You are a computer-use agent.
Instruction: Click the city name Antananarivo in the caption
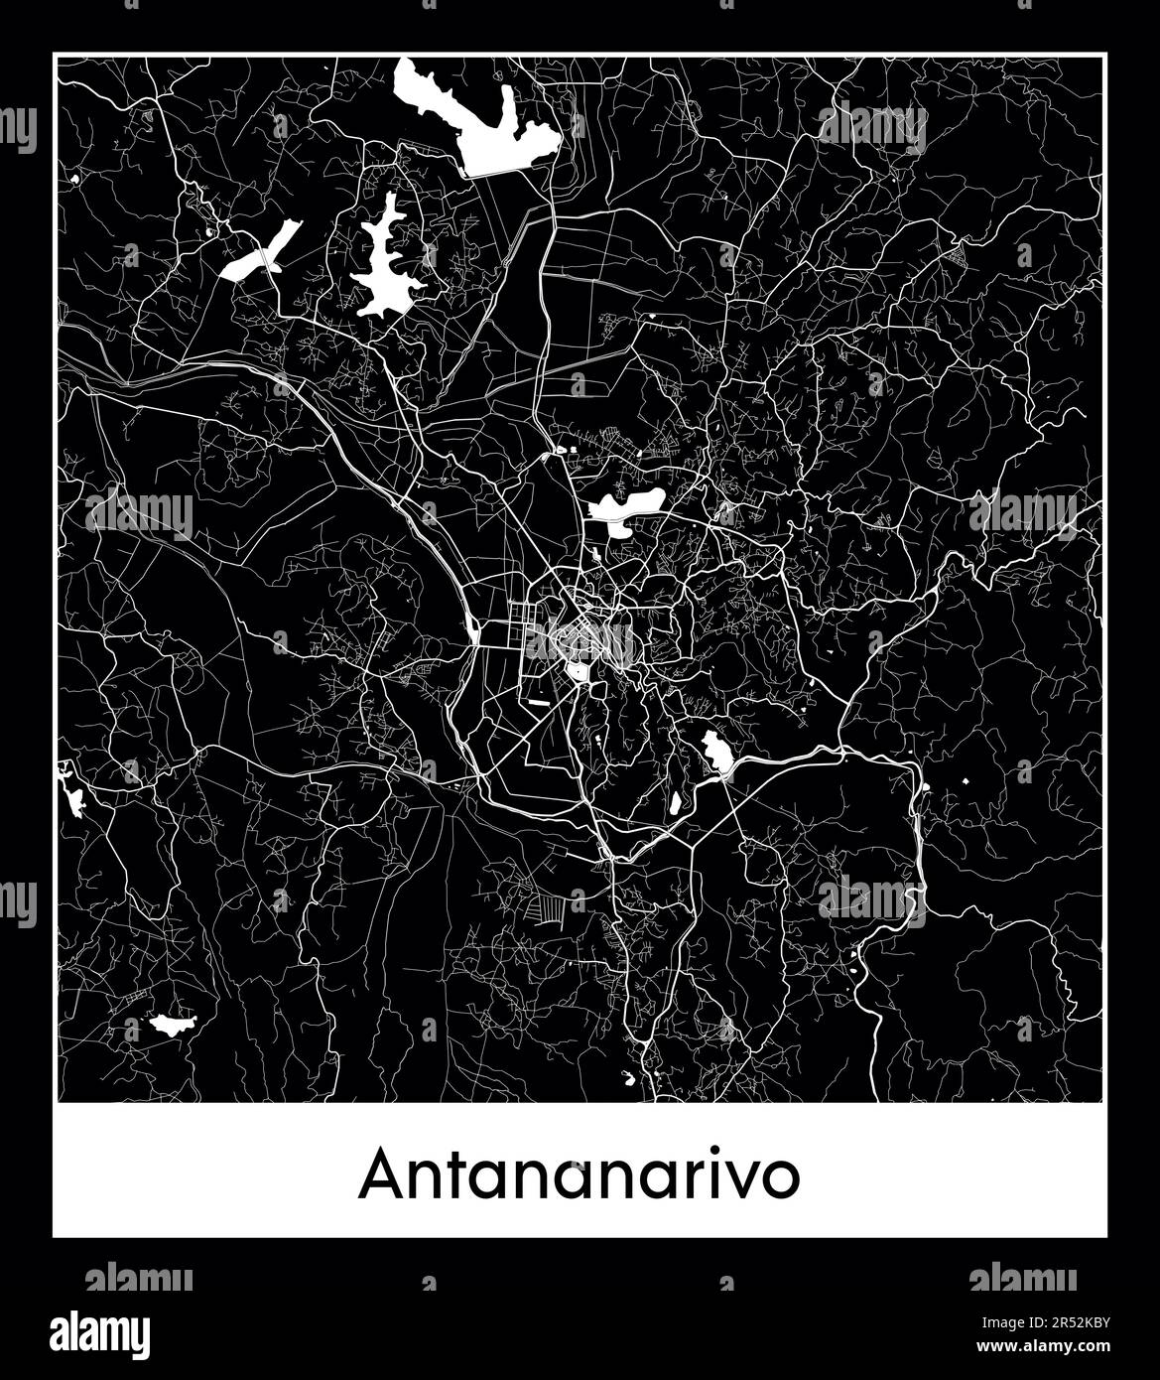click(580, 1176)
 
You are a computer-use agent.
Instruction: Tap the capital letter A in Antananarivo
click(381, 1176)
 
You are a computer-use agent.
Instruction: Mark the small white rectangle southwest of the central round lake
click(539, 701)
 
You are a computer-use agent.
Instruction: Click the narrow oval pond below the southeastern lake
click(675, 801)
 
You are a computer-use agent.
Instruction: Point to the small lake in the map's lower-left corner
click(170, 1025)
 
